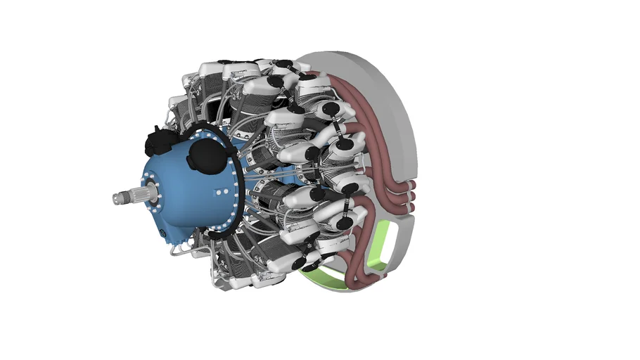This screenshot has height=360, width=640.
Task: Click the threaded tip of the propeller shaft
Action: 115,199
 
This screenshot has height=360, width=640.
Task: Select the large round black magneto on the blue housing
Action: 203,153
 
